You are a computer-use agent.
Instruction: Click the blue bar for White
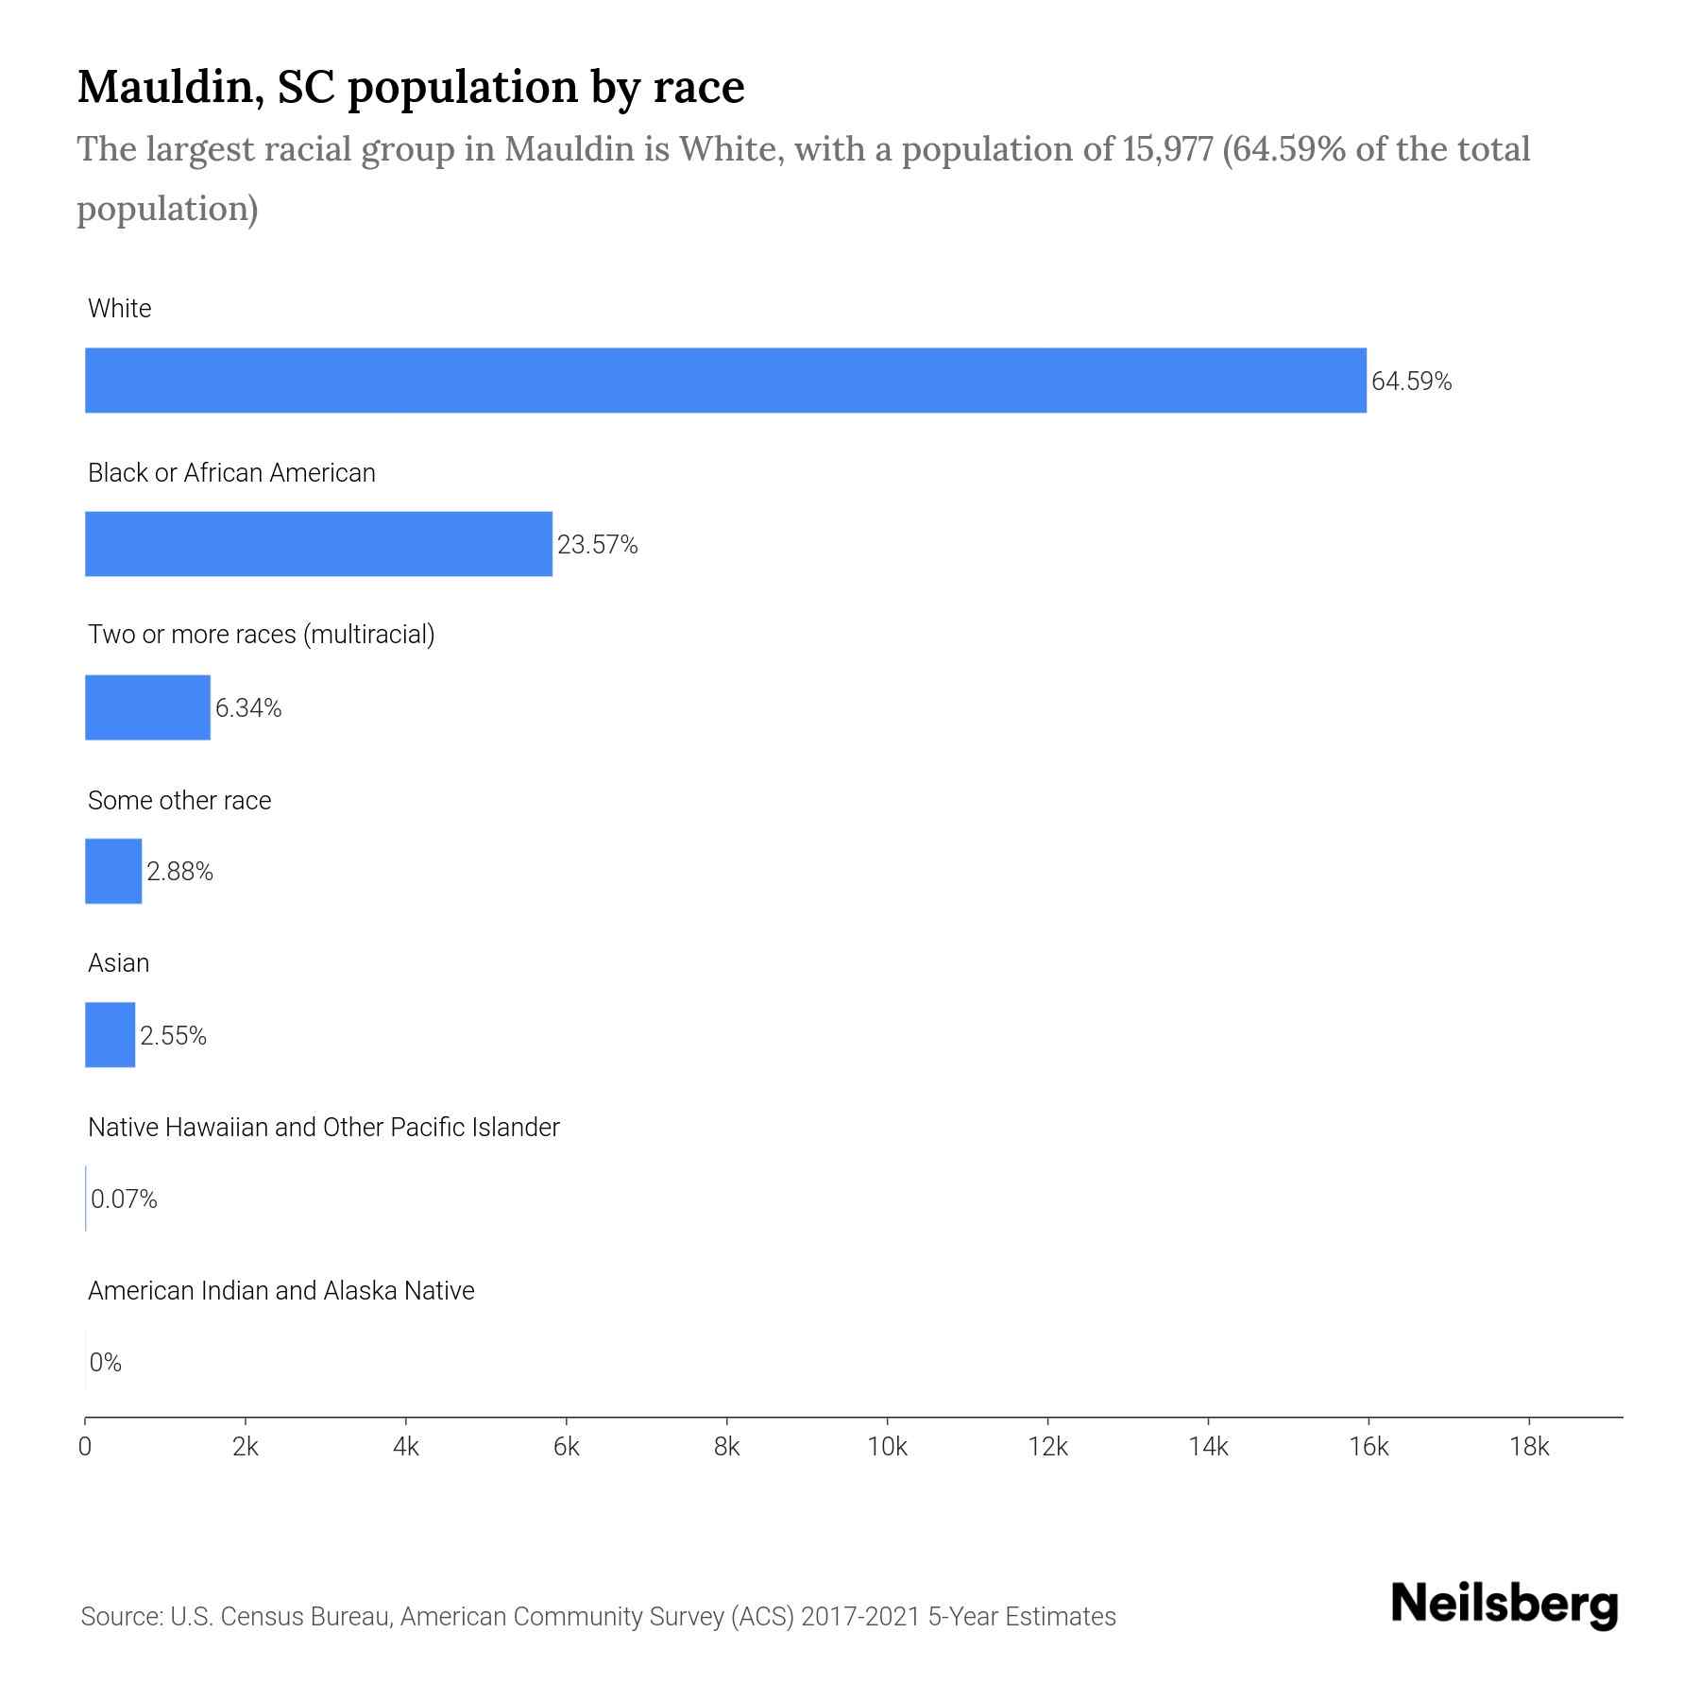(x=725, y=381)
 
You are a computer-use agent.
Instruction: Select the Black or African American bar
(x=318, y=544)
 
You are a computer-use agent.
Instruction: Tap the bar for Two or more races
(x=147, y=707)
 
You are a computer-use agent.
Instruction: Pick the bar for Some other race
(x=113, y=871)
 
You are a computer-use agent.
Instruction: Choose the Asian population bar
(x=110, y=1035)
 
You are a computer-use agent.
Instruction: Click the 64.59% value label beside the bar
(x=1411, y=382)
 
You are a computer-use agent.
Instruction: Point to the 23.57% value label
(x=597, y=545)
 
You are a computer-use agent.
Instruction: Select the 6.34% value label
(x=248, y=708)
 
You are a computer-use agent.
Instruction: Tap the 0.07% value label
(x=124, y=1199)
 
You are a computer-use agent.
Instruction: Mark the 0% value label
(x=106, y=1363)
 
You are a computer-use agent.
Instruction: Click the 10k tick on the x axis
(x=887, y=1448)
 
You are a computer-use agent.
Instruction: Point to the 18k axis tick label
(x=1529, y=1448)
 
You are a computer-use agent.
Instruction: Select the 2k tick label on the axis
(x=245, y=1448)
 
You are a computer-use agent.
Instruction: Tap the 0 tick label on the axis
(x=85, y=1448)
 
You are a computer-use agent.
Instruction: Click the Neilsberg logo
(x=1504, y=1605)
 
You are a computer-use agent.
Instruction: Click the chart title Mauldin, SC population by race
(x=411, y=87)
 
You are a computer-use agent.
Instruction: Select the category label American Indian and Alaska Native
(x=280, y=1291)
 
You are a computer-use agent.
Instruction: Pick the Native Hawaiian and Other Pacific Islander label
(x=323, y=1128)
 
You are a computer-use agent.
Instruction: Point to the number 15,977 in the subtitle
(x=1167, y=149)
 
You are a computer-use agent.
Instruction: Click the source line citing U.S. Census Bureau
(x=598, y=1617)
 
